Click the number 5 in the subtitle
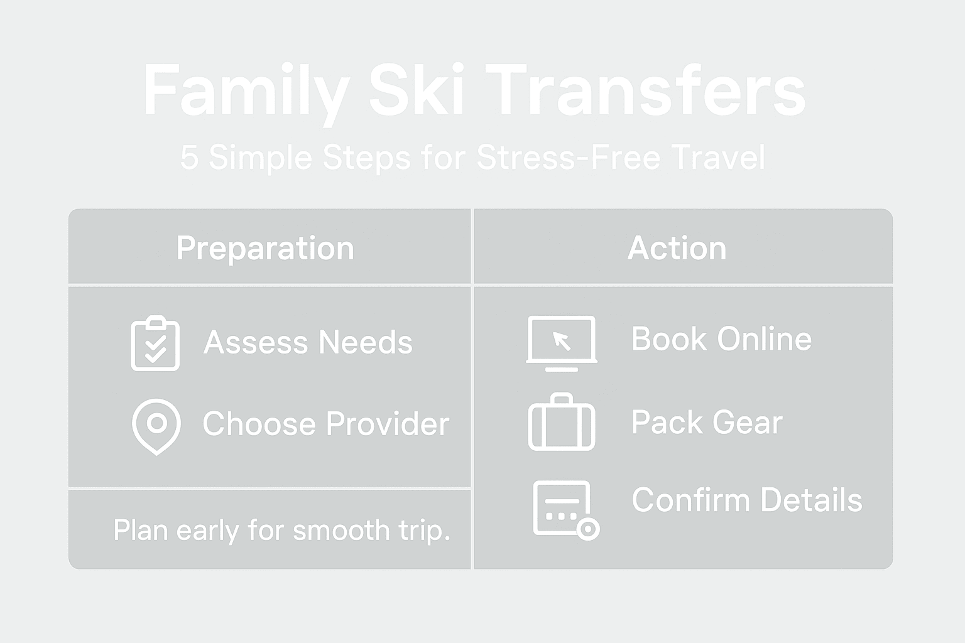click(188, 157)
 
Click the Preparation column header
click(265, 248)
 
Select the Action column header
click(677, 248)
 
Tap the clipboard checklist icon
click(155, 343)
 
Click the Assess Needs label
click(308, 342)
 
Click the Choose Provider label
click(325, 424)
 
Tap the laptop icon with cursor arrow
click(562, 343)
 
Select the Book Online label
click(721, 339)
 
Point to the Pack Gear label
click(707, 422)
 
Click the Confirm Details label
click(746, 500)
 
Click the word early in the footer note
click(207, 530)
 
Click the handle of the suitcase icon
click(562, 398)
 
